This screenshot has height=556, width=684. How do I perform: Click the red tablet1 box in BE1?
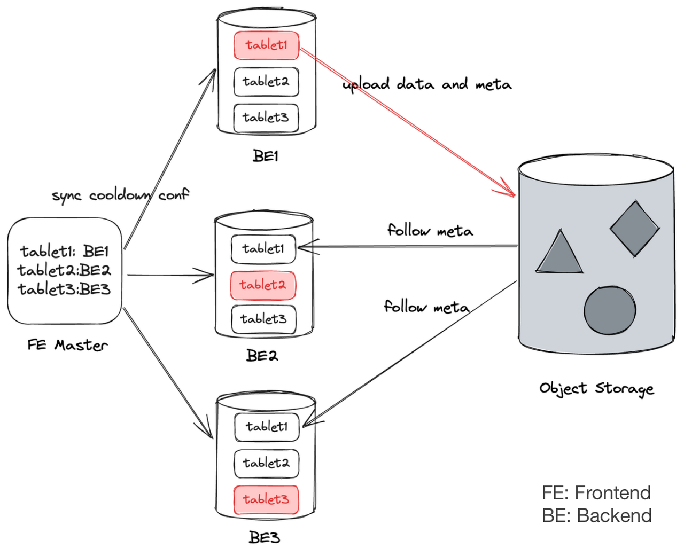coord(266,45)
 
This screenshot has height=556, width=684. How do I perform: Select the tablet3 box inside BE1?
coord(266,118)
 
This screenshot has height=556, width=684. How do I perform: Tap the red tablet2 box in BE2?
coord(263,285)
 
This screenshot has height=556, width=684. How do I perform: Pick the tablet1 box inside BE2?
coord(263,249)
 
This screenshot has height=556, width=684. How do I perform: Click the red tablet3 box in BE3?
coord(266,500)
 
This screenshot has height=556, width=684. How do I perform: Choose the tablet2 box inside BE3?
coord(266,463)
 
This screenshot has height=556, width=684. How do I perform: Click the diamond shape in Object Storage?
coord(634,229)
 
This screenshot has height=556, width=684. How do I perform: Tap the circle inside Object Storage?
coord(610,310)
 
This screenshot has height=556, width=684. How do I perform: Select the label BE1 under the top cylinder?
coord(266,156)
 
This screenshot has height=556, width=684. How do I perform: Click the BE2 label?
coord(262,356)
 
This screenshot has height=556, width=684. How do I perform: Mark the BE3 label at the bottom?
coord(265,537)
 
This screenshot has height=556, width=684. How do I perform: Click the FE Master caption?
coord(68,346)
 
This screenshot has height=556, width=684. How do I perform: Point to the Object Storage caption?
coord(596,388)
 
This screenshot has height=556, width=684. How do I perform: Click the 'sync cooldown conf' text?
coord(120,195)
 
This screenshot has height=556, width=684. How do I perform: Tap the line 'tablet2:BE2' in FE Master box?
coord(64,270)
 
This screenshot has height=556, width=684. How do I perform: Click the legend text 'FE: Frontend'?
coord(596,492)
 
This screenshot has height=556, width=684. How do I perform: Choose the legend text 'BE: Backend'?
coord(596,516)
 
